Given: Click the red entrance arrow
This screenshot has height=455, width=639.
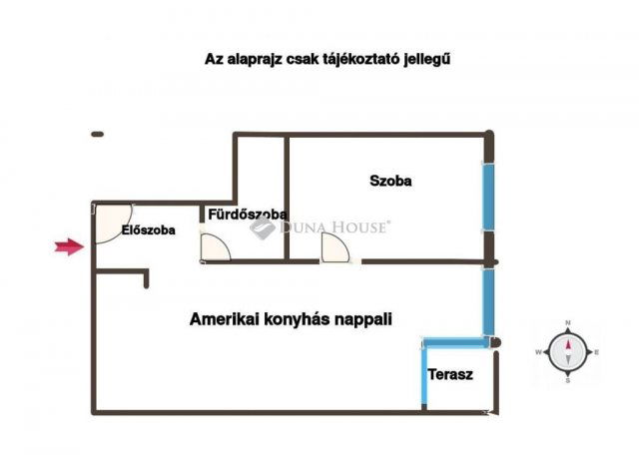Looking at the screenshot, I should pos(68,247).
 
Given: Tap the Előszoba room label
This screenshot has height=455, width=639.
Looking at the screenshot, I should pos(148,230).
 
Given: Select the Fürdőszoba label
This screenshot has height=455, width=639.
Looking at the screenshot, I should pos(248,214).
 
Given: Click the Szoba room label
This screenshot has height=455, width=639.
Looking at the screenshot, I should pos(390,182).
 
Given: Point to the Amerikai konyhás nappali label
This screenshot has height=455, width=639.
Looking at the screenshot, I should pos(291,320).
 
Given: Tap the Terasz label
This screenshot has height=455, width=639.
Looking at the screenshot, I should pos(450,375).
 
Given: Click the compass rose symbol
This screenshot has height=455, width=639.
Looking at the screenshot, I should pos(567,351).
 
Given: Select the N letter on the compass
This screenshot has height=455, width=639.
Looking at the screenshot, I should pos(567,323).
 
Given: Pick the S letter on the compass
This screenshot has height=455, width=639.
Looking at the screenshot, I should pos(567,380).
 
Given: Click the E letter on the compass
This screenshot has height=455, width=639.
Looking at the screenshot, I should pos(596,352).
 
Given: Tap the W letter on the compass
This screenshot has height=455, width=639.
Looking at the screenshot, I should pos(538,352).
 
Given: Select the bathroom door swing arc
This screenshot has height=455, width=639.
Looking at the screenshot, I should pos(215,247).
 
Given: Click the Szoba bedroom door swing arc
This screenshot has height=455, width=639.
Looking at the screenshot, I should pos(335,248).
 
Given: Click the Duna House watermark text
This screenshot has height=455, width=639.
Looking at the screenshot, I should pos(334,227).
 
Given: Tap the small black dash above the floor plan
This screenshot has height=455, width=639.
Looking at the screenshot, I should pos(97,134).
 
